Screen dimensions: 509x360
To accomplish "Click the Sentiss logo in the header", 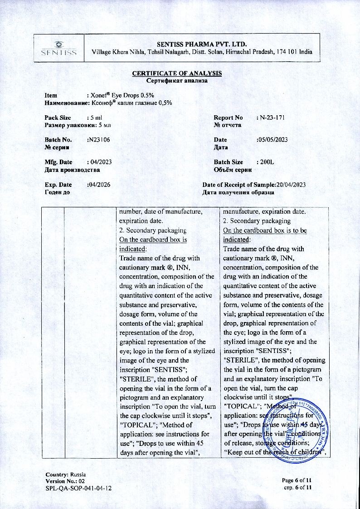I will [58, 49].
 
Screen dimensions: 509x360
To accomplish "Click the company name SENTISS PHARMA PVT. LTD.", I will [202, 44].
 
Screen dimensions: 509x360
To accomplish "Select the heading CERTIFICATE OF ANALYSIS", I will [177, 73].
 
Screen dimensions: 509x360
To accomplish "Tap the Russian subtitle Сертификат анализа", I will [177, 81].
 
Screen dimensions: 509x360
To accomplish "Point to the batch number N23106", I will [98, 140].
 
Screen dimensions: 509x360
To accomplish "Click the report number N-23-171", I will [272, 117].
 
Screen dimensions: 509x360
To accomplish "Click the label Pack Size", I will [58, 117].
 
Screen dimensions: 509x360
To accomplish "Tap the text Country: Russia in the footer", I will [66, 474].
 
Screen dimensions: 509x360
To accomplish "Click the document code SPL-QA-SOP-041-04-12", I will [78, 488].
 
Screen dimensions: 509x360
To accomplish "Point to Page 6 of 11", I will [297, 480].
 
